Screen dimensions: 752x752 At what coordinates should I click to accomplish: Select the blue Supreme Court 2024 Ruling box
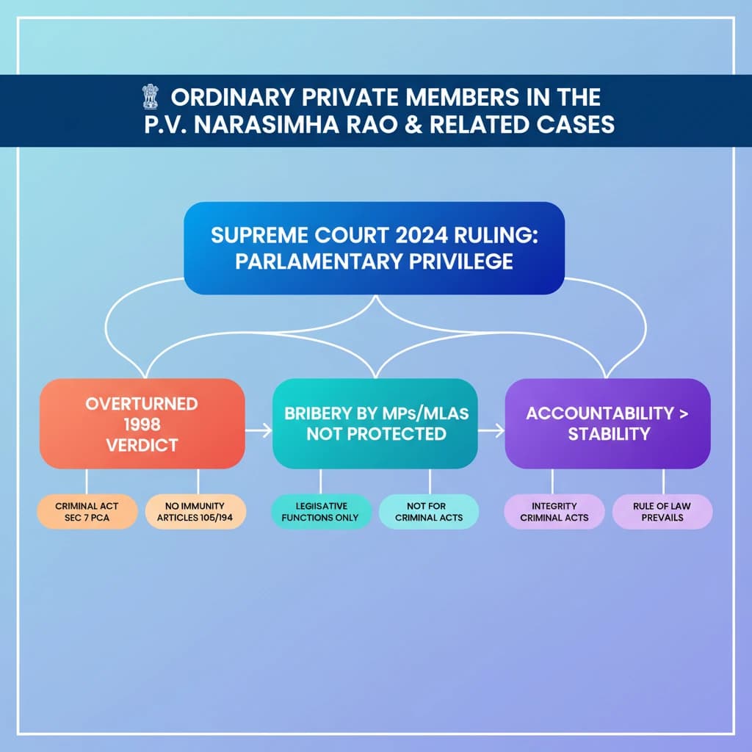coord(374,248)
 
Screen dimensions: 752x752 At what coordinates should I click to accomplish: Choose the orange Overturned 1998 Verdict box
coord(142,424)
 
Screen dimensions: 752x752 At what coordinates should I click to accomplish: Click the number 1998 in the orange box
coord(141,424)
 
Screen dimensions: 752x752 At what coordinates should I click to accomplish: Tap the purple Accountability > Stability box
coord(607,424)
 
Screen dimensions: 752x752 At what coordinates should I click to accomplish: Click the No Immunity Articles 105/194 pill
coord(195,512)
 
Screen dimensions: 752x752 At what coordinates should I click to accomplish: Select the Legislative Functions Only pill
coord(320,512)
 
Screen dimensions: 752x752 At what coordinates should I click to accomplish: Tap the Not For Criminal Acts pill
coord(430,512)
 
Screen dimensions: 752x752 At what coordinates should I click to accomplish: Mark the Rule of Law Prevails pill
coord(662,512)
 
